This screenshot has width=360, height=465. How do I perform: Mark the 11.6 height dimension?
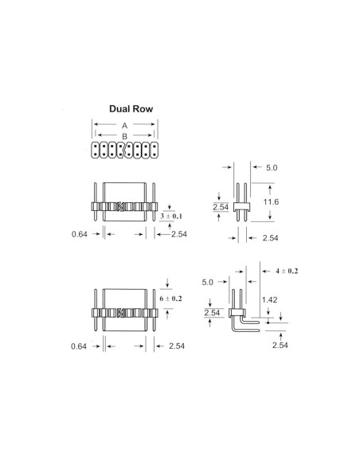[272, 203]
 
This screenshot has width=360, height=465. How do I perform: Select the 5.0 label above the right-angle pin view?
[209, 281]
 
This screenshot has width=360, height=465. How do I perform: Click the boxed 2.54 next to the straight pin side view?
[221, 209]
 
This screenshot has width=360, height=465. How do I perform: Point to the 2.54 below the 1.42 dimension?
[280, 345]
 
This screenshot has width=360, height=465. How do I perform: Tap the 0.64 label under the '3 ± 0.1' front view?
[78, 234]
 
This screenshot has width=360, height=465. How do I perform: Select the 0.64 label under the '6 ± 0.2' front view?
[78, 346]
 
